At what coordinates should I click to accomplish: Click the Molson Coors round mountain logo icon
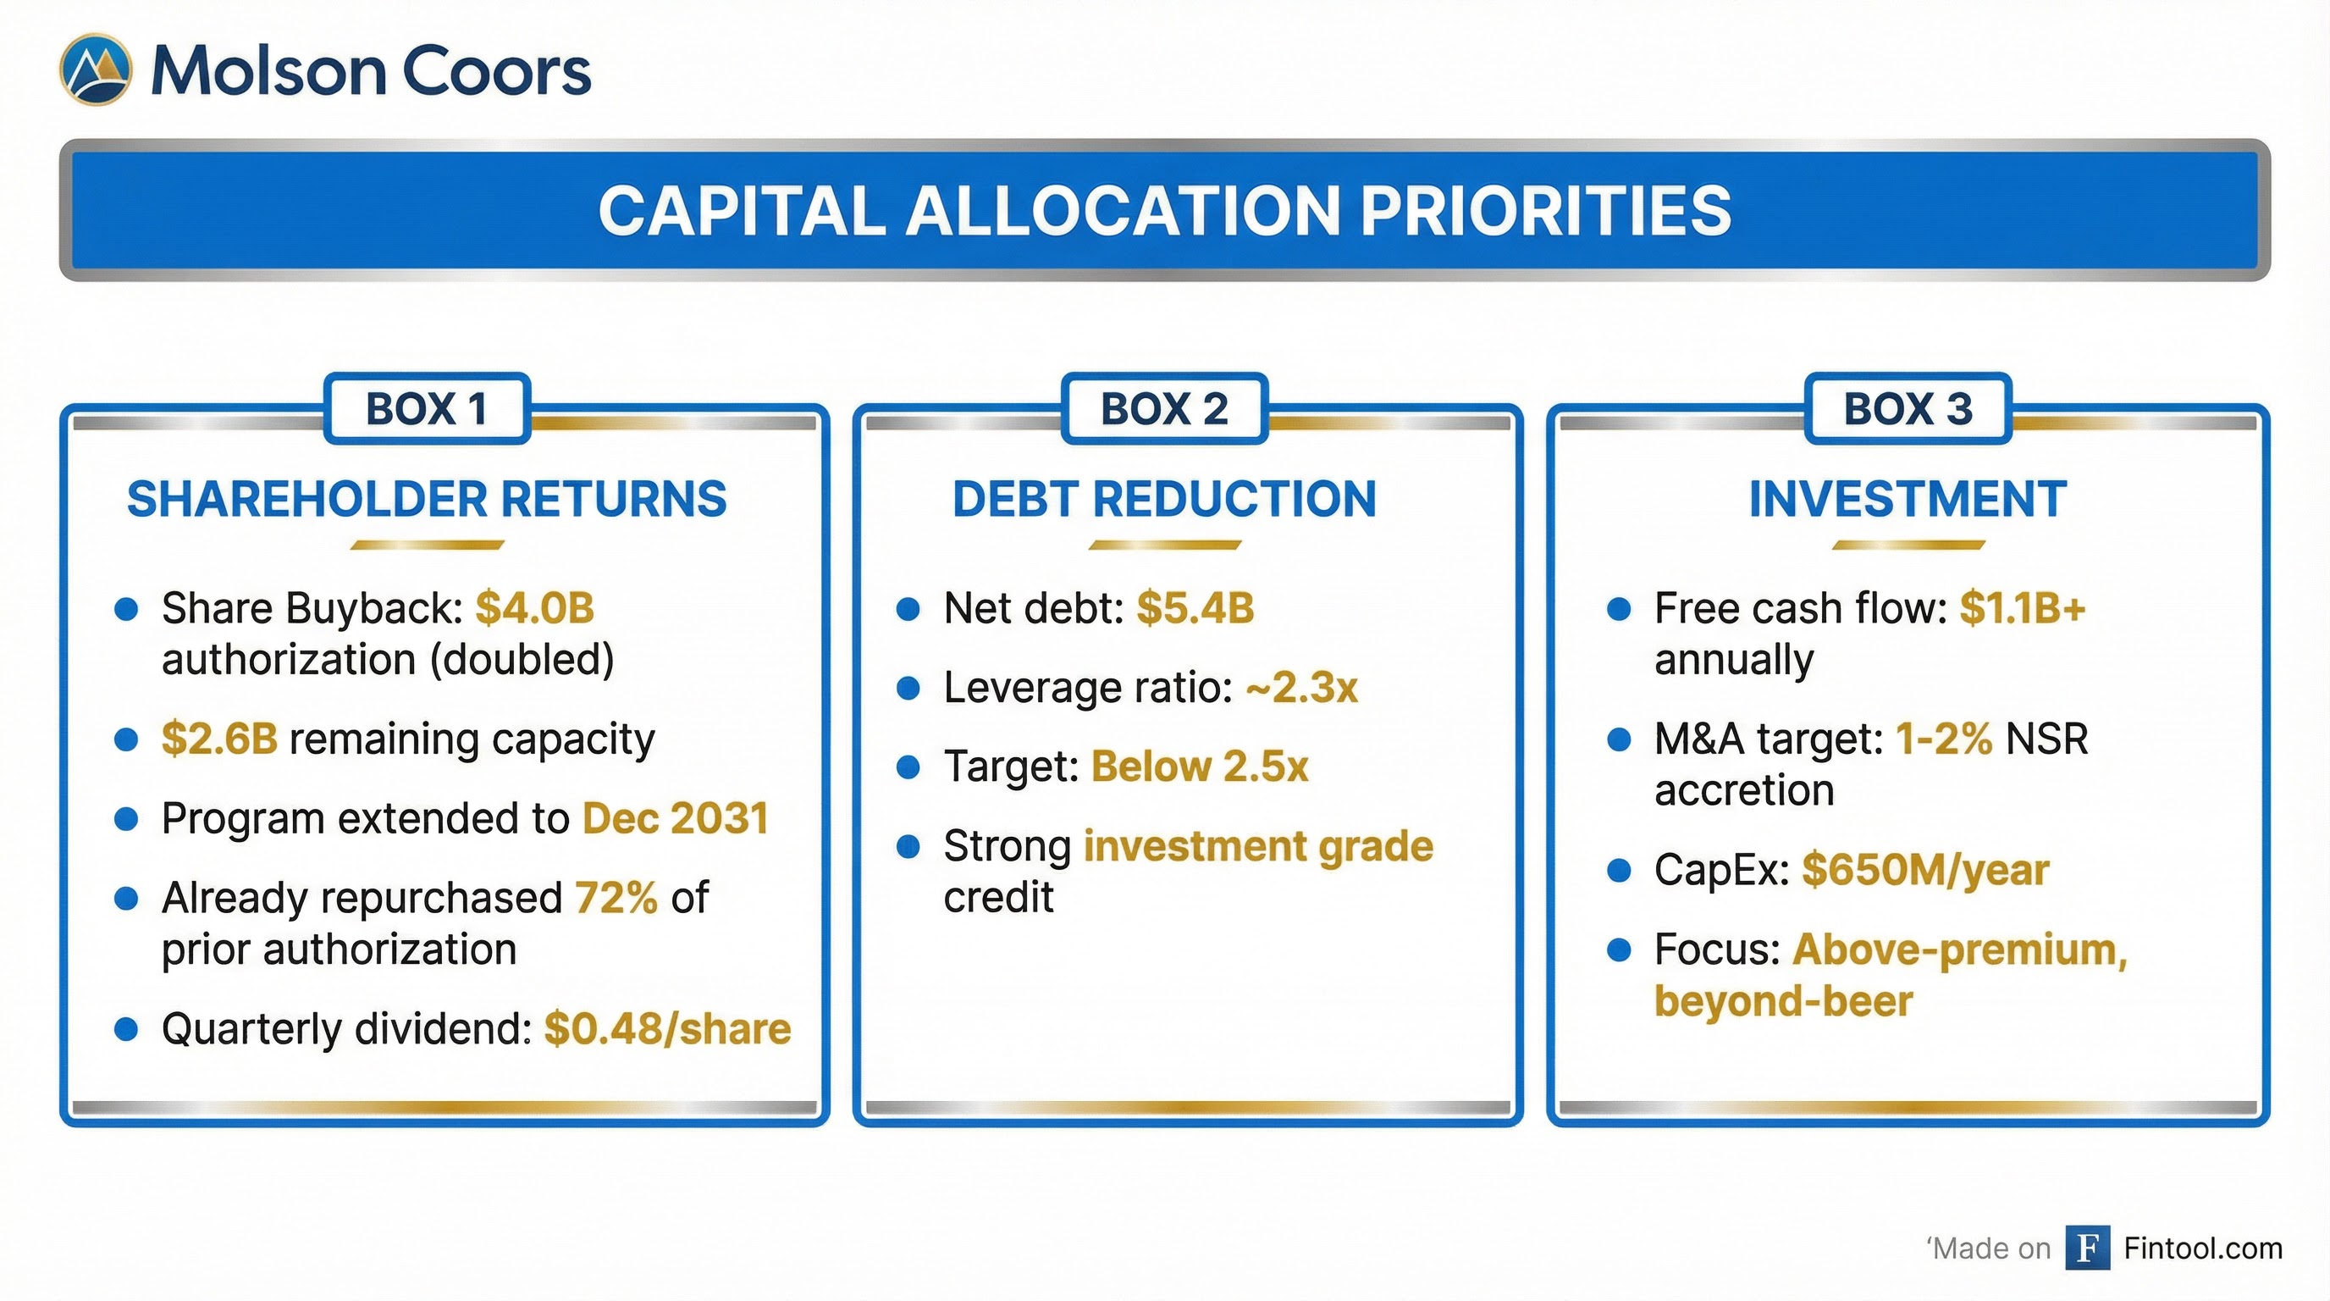96,69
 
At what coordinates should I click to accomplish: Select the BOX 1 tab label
427,409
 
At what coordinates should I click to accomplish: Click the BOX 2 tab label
1164,409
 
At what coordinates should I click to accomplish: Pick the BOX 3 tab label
1908,409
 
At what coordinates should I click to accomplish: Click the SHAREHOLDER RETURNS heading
427,500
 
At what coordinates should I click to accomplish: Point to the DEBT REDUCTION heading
1164,500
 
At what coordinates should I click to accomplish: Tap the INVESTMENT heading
1908,500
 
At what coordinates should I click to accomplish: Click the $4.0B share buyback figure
534,608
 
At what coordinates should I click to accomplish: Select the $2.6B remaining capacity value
219,739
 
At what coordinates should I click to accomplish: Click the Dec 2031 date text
675,819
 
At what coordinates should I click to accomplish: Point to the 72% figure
616,899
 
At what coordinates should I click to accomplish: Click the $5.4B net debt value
1195,608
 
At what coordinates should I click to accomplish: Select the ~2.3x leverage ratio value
1301,688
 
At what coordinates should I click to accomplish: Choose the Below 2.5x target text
1200,767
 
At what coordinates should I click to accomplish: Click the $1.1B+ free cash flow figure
2023,608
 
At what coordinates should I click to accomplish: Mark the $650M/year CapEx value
1924,871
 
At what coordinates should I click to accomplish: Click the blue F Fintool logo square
2088,1248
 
